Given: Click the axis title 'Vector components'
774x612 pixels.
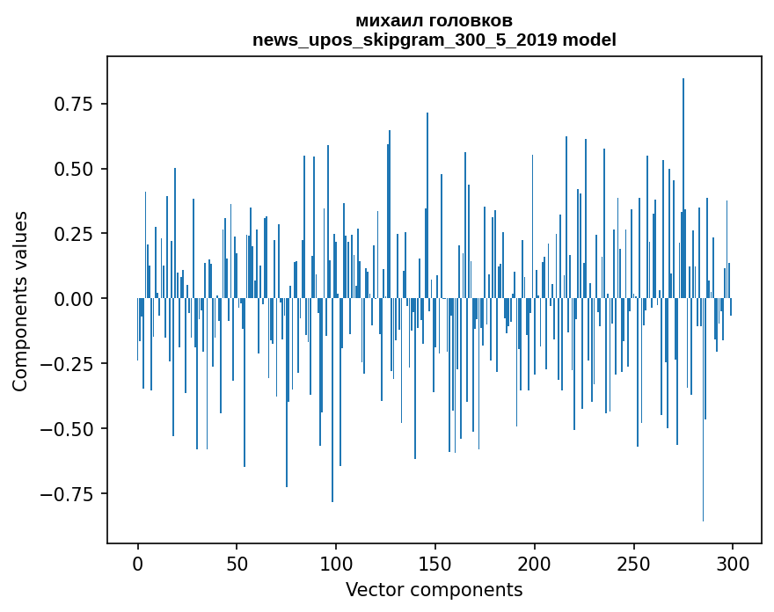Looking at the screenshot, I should click(x=434, y=589).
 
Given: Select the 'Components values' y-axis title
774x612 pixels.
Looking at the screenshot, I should click(x=20, y=300).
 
